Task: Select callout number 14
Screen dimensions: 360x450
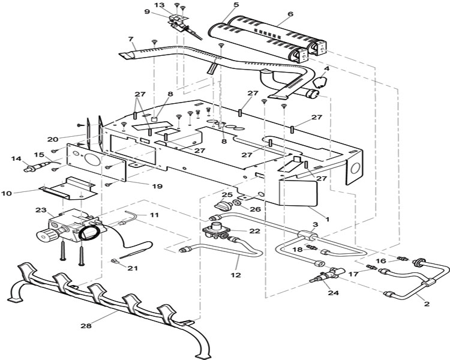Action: pyautogui.click(x=16, y=158)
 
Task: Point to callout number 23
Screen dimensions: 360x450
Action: pyautogui.click(x=41, y=210)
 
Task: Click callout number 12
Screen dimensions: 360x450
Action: pyautogui.click(x=235, y=275)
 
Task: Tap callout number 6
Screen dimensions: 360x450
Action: pyautogui.click(x=290, y=13)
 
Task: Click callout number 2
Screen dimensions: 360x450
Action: pyautogui.click(x=427, y=304)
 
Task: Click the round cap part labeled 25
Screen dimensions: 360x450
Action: pyautogui.click(x=223, y=205)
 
